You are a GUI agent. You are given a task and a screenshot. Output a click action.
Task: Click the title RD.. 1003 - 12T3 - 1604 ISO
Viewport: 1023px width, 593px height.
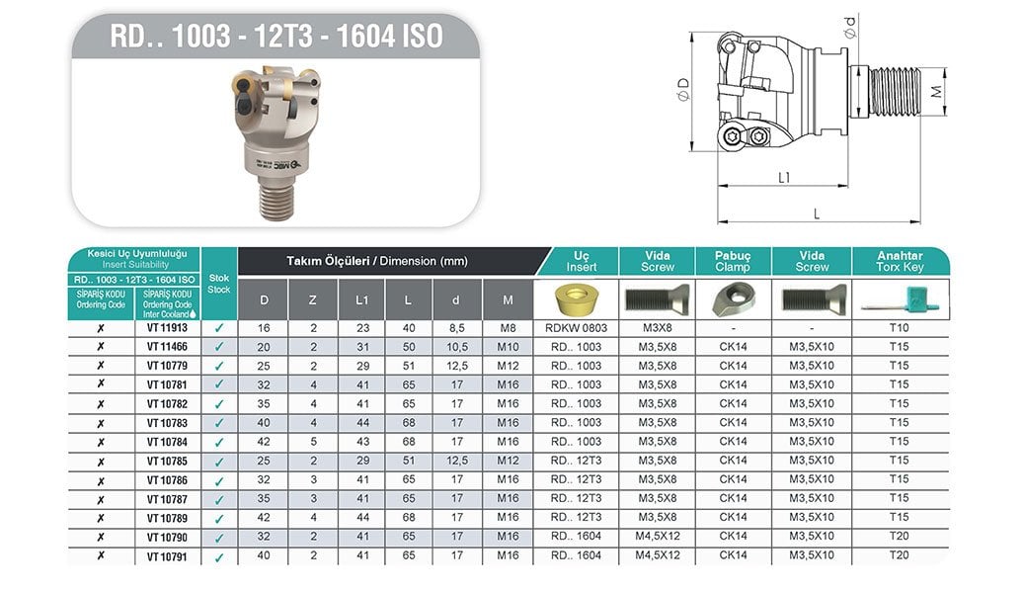[275, 37]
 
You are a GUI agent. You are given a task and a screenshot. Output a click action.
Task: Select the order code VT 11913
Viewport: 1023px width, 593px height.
[167, 328]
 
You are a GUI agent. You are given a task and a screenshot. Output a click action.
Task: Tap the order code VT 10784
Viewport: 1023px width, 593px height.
[167, 442]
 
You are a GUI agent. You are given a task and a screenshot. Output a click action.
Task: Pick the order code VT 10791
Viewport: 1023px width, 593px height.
[167, 556]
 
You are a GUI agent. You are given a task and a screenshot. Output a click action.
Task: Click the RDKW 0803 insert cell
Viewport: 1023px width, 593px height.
[576, 328]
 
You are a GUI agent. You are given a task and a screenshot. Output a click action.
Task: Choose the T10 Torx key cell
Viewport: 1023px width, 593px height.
[899, 328]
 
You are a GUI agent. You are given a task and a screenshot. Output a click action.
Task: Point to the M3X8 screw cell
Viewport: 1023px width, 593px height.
[658, 328]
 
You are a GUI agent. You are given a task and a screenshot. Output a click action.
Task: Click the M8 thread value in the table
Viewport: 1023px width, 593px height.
[508, 328]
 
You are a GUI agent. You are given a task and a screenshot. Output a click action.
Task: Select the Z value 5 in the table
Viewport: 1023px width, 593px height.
[313, 442]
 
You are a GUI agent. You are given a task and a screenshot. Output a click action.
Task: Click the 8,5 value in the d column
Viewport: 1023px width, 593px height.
[457, 328]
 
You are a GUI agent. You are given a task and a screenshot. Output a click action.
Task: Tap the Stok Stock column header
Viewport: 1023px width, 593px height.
[219, 283]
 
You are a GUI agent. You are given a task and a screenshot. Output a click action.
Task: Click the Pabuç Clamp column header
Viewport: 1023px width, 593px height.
[733, 261]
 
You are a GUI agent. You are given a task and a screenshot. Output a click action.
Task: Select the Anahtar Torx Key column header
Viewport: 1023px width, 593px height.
[900, 261]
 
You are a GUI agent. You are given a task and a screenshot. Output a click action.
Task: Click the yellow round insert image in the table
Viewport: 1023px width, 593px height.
[576, 297]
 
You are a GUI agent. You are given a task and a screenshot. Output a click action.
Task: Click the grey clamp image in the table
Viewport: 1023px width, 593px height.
[733, 297]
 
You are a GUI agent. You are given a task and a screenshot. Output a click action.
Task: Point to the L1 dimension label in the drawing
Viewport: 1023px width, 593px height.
[782, 178]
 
